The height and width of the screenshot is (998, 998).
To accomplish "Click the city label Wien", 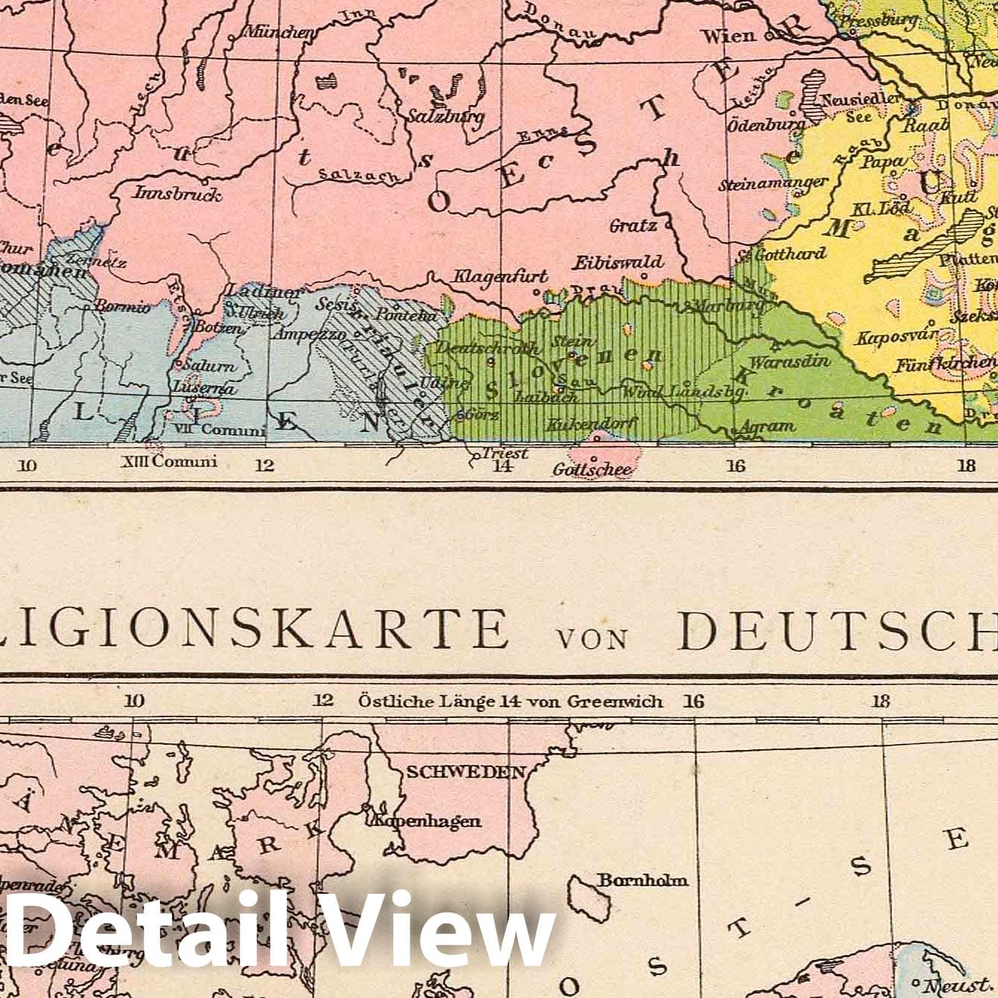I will click(x=728, y=36).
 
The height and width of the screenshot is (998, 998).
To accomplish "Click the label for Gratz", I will click(x=632, y=225).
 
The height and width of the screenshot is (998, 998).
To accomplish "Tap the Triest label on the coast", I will click(x=505, y=453).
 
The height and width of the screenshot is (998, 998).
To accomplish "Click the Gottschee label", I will click(x=593, y=469).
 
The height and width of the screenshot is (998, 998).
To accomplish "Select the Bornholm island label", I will click(x=643, y=880).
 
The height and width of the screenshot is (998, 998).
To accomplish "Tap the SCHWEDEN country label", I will click(x=465, y=772).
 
